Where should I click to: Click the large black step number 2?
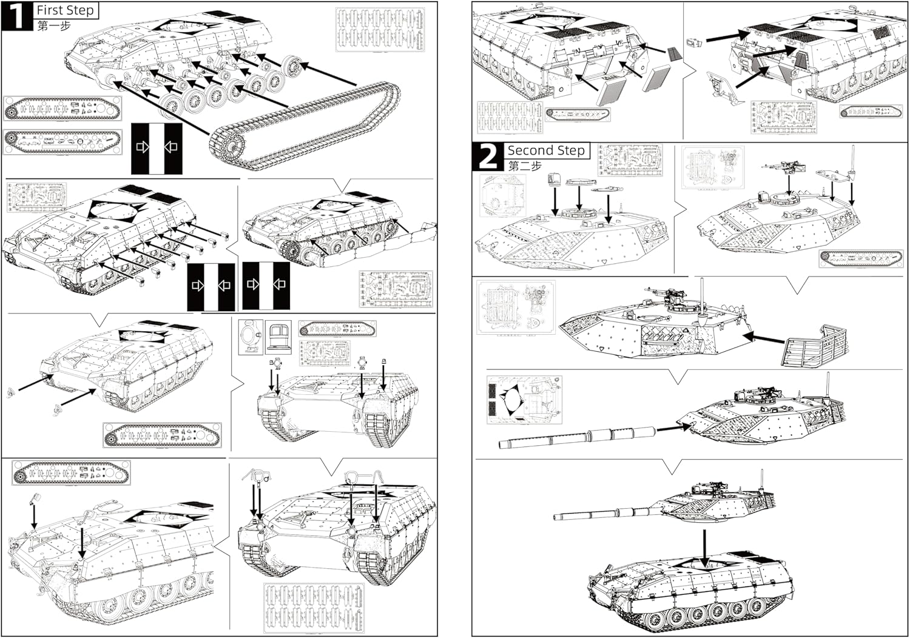pos(487,157)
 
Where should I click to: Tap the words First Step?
pos(66,10)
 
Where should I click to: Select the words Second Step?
pos(545,150)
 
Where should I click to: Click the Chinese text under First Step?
pos(54,26)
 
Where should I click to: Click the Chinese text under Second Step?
pos(524,166)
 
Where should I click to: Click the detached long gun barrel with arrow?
pos(576,437)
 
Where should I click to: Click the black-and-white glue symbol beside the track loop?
pos(157,147)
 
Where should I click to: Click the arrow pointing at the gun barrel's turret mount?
pos(673,429)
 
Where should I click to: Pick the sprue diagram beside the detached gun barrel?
pos(524,399)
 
